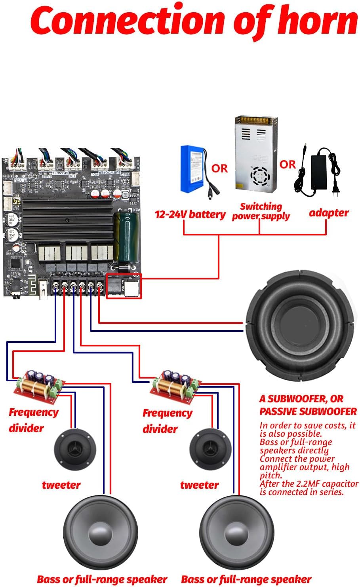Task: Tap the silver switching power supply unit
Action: pos(256,153)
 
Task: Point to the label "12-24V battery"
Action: pos(190,214)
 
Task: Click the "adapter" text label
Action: pos(329,213)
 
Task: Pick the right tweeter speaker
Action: pos(210,450)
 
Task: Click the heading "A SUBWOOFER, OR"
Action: pos(301,399)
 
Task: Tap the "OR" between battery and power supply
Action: pos(219,168)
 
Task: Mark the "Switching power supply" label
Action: pos(261,211)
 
